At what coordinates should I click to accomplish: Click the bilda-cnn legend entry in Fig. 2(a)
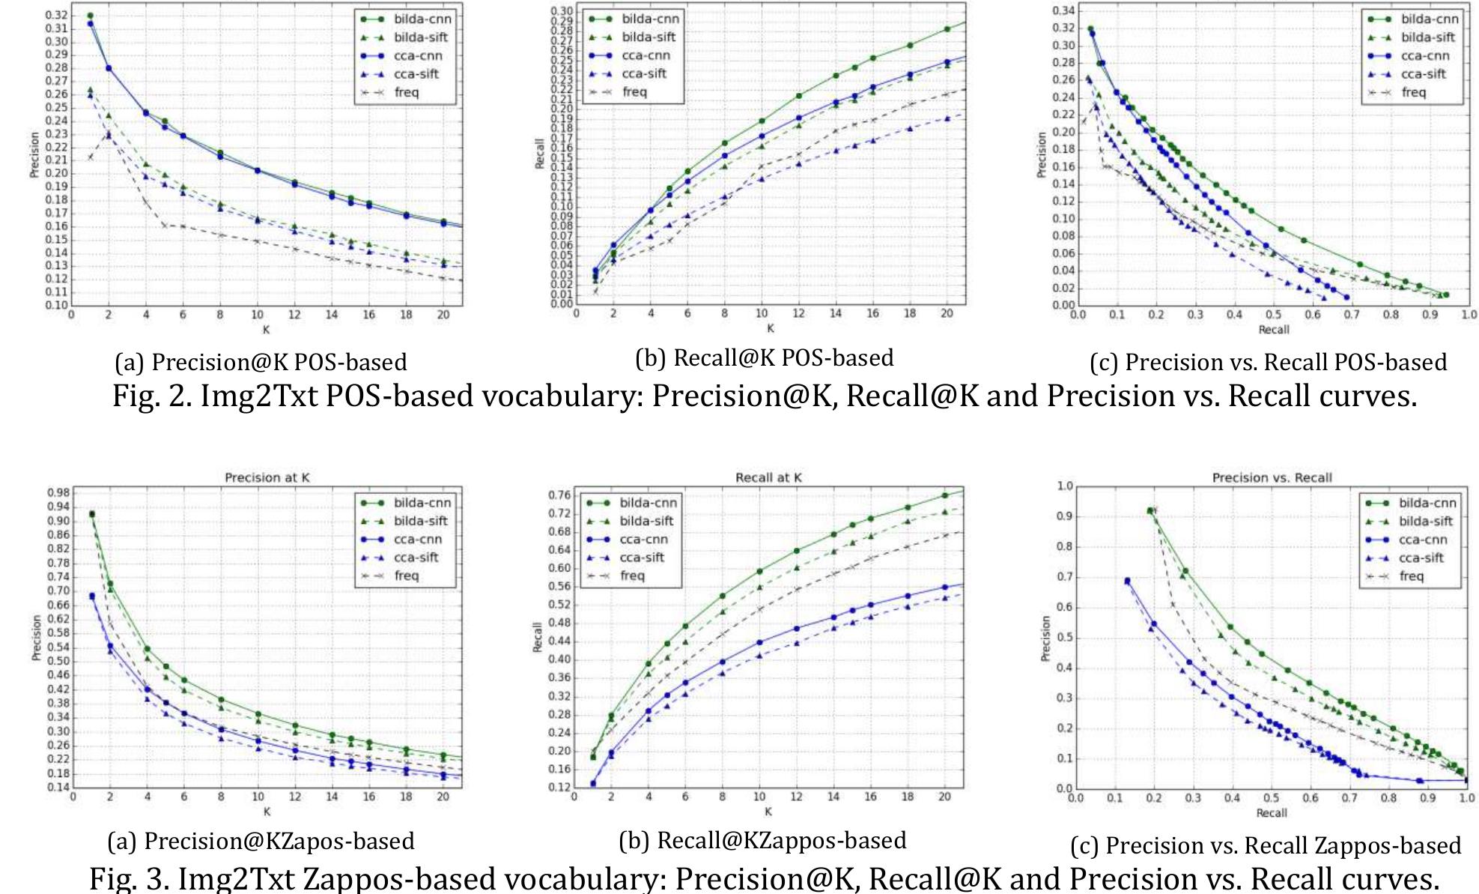422,19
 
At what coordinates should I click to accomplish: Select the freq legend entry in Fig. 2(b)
634,91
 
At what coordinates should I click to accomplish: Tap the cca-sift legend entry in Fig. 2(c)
1423,73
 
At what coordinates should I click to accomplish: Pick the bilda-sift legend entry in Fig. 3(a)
420,521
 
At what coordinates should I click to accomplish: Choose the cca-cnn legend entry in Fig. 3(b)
643,540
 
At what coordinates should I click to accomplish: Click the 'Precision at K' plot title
267,477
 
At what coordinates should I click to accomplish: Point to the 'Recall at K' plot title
768,477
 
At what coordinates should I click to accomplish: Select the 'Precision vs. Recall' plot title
1272,477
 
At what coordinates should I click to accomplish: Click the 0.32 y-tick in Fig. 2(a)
56,15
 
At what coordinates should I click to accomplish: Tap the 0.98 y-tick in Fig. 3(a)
58,492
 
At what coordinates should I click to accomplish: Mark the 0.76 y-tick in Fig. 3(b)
559,495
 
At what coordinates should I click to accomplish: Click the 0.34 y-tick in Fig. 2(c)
1063,10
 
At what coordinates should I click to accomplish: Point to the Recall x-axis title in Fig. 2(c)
1273,330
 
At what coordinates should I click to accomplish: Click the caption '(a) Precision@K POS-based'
261,362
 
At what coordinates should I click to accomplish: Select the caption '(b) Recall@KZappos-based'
762,841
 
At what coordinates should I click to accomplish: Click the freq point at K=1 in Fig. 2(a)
90,157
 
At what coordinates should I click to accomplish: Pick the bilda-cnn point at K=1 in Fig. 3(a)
91,514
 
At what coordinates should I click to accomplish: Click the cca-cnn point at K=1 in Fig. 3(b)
592,783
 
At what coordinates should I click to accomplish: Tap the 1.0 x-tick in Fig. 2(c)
1469,315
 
